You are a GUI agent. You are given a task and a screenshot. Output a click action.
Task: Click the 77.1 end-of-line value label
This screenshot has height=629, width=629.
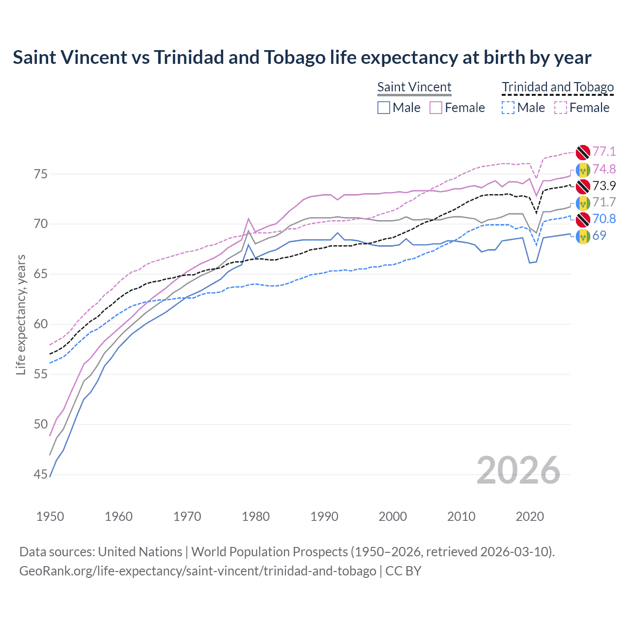pyautogui.click(x=604, y=152)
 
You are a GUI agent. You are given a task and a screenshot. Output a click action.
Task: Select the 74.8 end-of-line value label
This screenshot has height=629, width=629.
pyautogui.click(x=604, y=170)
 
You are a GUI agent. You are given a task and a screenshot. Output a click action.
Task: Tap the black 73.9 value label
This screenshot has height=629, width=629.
pyautogui.click(x=604, y=186)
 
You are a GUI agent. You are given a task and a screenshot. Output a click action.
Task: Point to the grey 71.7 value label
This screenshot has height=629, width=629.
pyautogui.click(x=604, y=202)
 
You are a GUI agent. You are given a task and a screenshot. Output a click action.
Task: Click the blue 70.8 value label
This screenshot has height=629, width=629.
pyautogui.click(x=604, y=219)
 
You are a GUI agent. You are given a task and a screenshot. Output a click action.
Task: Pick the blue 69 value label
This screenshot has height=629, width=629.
pyautogui.click(x=599, y=236)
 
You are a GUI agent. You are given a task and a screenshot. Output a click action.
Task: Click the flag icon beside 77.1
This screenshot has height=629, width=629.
pyautogui.click(x=583, y=152)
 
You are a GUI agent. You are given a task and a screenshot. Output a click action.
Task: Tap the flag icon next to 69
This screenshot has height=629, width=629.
pyautogui.click(x=583, y=236)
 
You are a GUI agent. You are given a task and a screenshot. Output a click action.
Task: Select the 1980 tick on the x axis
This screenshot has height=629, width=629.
pyautogui.click(x=256, y=516)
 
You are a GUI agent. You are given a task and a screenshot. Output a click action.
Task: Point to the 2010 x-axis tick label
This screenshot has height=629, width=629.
pyautogui.click(x=461, y=516)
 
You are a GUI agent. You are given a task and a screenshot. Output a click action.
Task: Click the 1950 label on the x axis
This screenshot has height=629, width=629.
pyautogui.click(x=50, y=516)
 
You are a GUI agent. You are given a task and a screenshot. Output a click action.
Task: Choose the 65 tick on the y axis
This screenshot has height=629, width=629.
pyautogui.click(x=41, y=274)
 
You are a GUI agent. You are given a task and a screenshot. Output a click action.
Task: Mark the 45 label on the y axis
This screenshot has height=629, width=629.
pyautogui.click(x=41, y=475)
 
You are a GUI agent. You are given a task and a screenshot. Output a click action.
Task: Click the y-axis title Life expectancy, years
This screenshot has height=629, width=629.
pyautogui.click(x=21, y=314)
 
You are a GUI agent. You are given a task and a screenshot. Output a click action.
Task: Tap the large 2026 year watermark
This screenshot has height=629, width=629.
pyautogui.click(x=518, y=470)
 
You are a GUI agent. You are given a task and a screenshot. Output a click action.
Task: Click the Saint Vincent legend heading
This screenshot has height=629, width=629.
pyautogui.click(x=414, y=87)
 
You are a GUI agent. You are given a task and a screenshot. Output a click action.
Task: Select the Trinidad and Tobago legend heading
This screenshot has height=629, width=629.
pyautogui.click(x=557, y=87)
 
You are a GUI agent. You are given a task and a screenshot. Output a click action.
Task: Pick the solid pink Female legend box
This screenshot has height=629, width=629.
pyautogui.click(x=436, y=108)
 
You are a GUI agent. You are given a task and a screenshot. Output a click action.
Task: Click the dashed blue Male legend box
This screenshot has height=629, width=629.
pyautogui.click(x=508, y=108)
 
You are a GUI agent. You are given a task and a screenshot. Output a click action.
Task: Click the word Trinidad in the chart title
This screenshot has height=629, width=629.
pyautogui.click(x=189, y=57)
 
